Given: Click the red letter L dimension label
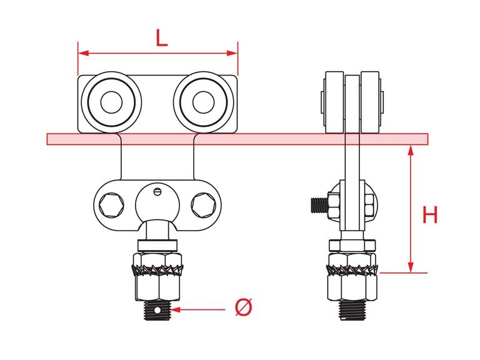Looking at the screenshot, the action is pos(162,38).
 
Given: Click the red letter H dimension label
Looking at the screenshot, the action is pos(430,214).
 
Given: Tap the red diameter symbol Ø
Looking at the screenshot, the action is pos(244,307).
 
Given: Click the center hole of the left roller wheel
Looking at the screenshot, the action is pos(111,102).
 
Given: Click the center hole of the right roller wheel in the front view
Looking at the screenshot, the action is pos(204,102).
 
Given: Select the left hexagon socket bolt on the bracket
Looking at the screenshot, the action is pos(111,205).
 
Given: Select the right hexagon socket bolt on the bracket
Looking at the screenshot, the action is pos(204,205).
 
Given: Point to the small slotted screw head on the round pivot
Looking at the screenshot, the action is pos(157,191).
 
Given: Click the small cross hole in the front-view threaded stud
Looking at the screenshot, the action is pos(157,311).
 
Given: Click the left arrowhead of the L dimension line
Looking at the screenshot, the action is pos(84,53).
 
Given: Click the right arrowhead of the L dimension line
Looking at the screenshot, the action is pos(232,53).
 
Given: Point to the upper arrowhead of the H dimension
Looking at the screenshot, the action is pos(411,151).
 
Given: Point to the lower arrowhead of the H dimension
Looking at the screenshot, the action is pos(411,267).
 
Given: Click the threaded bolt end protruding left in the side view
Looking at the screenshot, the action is pos(319,205).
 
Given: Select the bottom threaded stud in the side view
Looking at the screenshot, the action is pos(352,310).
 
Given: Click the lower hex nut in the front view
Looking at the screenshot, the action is pos(157,287).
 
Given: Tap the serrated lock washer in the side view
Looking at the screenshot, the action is pos(352,270).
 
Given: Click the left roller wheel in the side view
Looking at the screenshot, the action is pos(334,102).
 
